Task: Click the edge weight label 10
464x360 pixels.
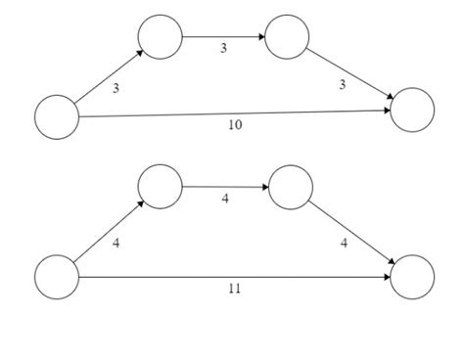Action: [x=235, y=125]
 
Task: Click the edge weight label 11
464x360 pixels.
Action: [x=235, y=289]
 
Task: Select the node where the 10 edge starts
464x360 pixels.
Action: [x=56, y=117]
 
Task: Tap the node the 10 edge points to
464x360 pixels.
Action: [x=412, y=110]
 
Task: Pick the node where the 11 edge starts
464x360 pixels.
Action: [x=56, y=277]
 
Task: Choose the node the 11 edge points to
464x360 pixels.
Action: [x=412, y=277]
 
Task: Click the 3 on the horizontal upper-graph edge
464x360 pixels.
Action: [x=223, y=48]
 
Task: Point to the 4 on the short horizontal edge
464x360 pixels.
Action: [x=225, y=199]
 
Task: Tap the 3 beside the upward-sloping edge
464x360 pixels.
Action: [x=116, y=89]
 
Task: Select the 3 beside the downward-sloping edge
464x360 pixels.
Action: [x=342, y=85]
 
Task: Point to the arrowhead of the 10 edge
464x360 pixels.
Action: [x=388, y=111]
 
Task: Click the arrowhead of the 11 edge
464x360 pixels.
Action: [x=388, y=277]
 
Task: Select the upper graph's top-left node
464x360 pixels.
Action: [x=160, y=37]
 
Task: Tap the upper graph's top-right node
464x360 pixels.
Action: [x=287, y=37]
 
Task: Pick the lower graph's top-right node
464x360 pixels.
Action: [x=290, y=188]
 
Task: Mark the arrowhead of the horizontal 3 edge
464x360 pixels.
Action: [x=261, y=37]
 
